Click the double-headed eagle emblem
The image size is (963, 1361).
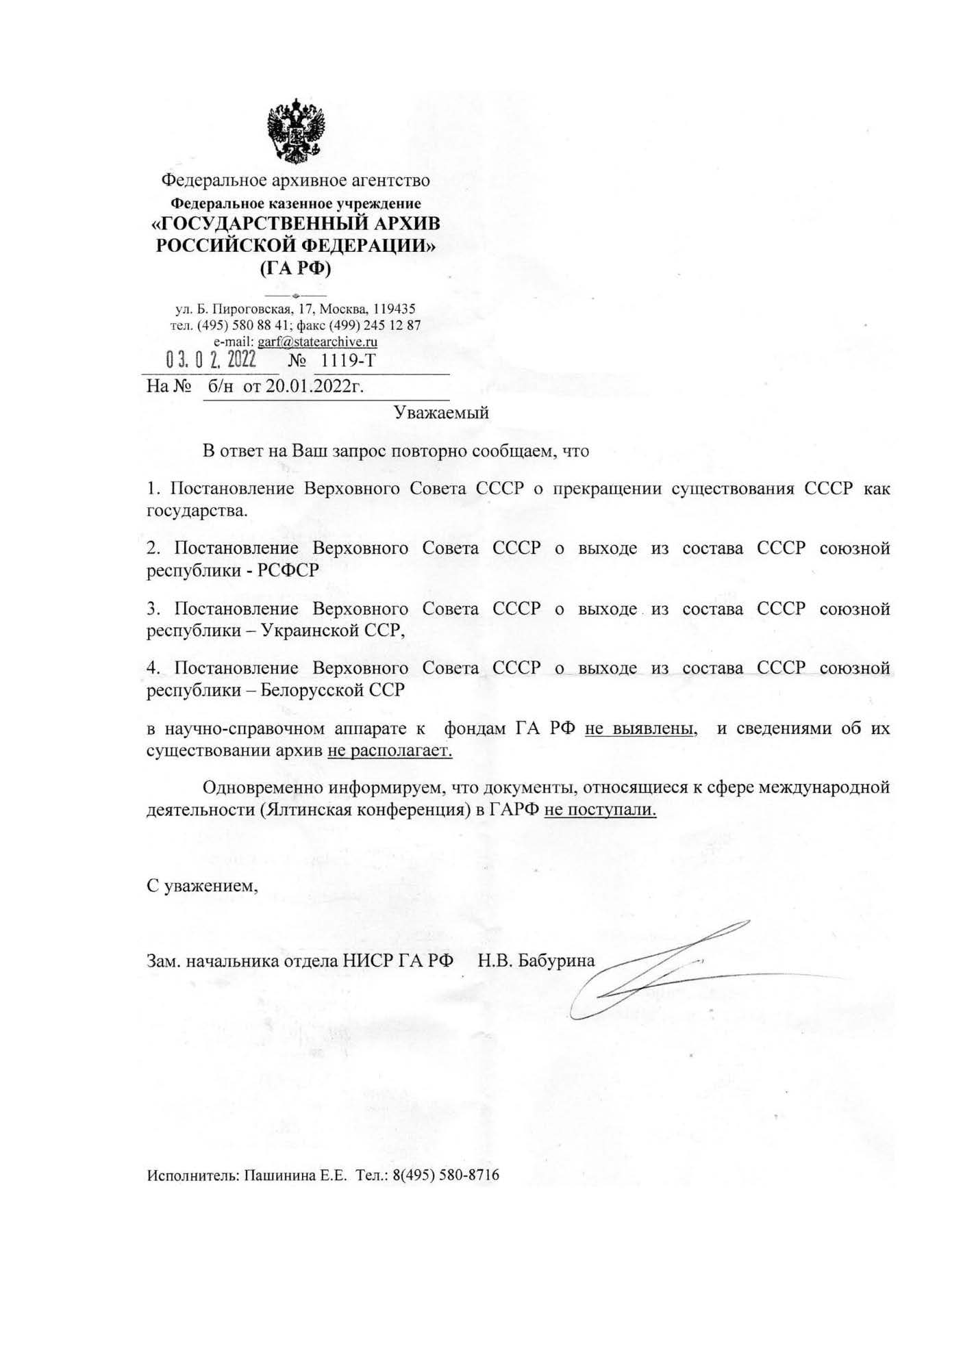295,131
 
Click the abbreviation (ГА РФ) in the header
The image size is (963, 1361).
295,268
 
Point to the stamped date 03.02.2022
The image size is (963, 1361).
211,359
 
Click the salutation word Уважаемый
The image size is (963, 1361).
441,413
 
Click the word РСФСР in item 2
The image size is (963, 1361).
288,570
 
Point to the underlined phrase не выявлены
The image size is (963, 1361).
640,728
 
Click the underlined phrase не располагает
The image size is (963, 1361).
390,750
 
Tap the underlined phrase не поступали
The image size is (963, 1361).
600,810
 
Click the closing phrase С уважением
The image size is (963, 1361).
203,885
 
